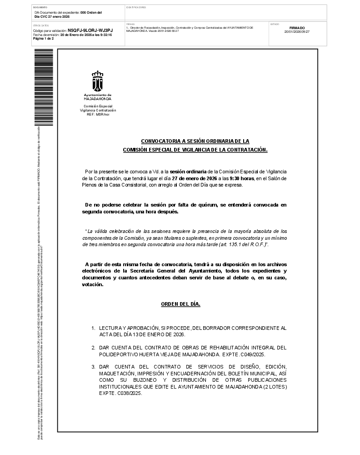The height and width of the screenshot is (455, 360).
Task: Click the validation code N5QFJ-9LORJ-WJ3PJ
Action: point(90,30)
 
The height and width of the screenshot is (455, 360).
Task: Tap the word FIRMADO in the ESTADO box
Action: point(297,28)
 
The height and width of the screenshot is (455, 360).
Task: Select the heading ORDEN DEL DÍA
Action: point(180,304)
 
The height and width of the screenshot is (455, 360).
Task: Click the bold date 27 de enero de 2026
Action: point(195,178)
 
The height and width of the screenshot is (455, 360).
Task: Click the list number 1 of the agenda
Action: point(93,328)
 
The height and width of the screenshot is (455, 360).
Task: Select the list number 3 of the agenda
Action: point(93,366)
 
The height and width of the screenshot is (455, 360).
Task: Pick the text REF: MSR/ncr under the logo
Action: point(98,114)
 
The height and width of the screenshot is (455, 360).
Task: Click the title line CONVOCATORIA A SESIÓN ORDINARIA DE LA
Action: point(195,141)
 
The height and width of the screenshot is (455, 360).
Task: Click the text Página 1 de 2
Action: point(44,39)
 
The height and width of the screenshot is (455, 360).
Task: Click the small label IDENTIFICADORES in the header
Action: point(136,7)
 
